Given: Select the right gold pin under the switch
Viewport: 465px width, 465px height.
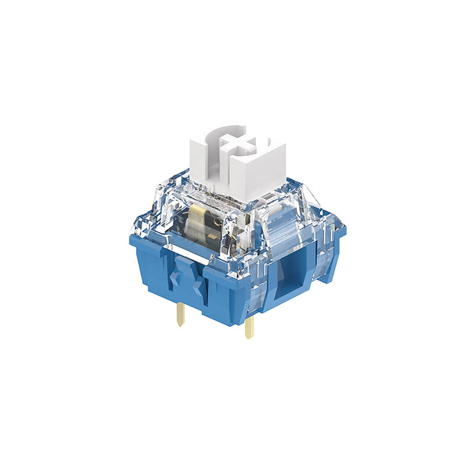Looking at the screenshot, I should pos(249,327).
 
